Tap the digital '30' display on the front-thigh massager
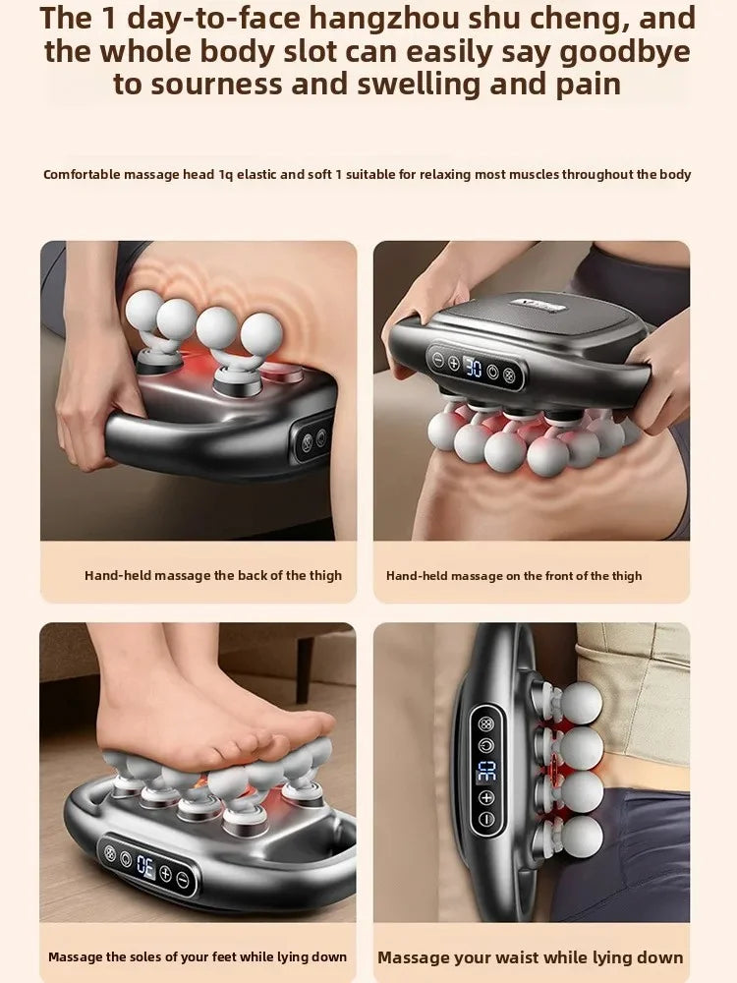coord(474,368)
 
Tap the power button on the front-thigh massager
coord(509,375)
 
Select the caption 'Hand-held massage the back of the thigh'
coord(213,576)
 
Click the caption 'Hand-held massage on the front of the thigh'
coord(514,576)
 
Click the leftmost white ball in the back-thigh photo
coord(142,310)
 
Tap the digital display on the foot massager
coord(145,866)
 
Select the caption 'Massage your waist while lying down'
coord(531,956)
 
